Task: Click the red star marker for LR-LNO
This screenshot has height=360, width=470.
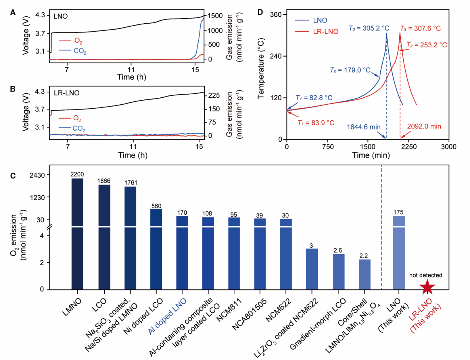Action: click(427, 287)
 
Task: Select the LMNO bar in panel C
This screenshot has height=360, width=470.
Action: click(77, 233)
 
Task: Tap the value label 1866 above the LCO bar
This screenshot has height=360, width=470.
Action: click(104, 181)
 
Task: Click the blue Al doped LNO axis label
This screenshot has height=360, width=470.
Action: click(167, 316)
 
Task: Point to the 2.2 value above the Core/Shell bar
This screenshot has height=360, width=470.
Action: click(364, 256)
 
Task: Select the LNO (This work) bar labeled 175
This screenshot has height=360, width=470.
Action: click(399, 252)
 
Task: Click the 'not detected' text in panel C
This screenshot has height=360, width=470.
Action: click(426, 275)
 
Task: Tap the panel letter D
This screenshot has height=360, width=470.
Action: click(260, 12)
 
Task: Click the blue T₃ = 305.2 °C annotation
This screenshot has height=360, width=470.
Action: click(369, 28)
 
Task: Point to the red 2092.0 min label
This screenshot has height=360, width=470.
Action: click(424, 127)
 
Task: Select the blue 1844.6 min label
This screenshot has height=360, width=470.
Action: click(364, 127)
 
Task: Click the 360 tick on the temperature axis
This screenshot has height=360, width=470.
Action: click(276, 14)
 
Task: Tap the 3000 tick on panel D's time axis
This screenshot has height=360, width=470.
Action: click(449, 147)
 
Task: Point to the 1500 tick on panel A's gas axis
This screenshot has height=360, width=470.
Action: click(215, 16)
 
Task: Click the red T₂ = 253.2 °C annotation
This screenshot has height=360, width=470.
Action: click(426, 45)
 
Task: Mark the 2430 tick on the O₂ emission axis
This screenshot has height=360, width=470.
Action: click(37, 175)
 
